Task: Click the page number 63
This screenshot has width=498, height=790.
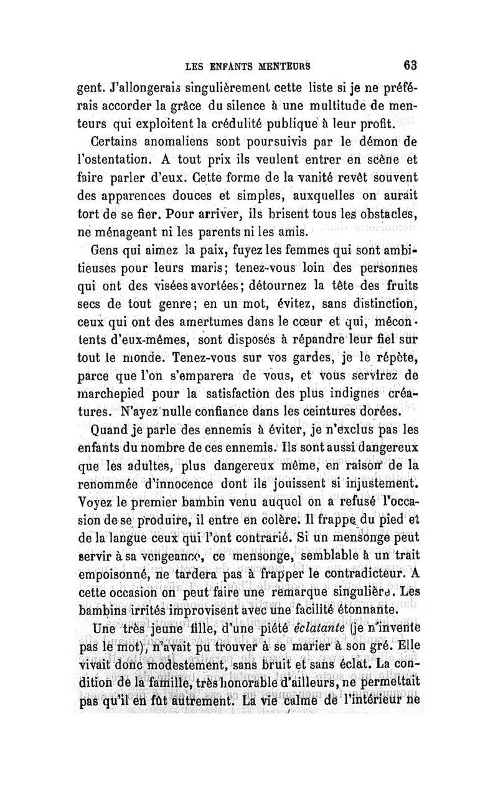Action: (410, 63)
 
